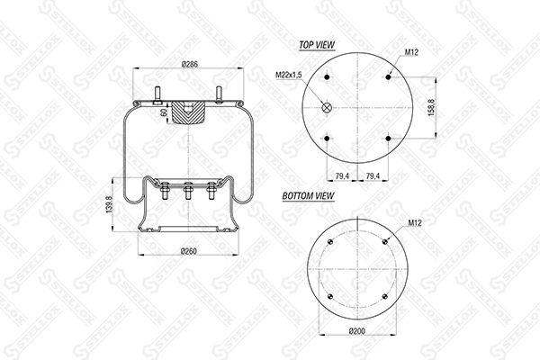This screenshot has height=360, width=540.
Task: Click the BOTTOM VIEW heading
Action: tap(309, 195)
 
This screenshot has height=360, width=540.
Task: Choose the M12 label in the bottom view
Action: tap(414, 222)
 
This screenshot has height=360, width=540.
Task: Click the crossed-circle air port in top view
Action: tap(327, 108)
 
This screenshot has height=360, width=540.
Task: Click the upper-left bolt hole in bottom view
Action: tap(331, 241)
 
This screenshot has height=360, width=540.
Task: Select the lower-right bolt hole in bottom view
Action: tap(384, 295)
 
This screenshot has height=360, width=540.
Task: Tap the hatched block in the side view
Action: tap(189, 113)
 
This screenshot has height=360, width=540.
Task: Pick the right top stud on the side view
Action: tap(218, 94)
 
